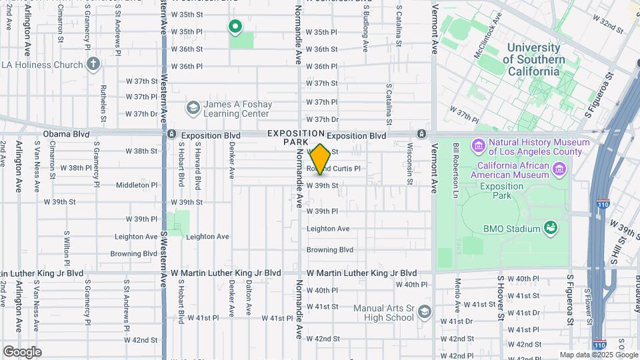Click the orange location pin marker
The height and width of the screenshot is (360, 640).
pyautogui.click(x=321, y=159)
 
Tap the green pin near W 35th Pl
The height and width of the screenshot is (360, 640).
pyautogui.click(x=235, y=27)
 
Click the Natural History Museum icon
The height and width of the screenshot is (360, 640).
pyautogui.click(x=478, y=146)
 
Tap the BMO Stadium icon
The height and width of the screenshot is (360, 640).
pyautogui.click(x=551, y=229)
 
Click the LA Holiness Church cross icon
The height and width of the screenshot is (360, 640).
pyautogui.click(x=93, y=65)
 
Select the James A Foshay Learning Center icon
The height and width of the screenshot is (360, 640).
pyautogui.click(x=193, y=108)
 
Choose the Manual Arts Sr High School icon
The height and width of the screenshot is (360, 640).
pyautogui.click(x=425, y=312)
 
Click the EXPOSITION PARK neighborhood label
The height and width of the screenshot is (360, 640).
pyautogui.click(x=296, y=138)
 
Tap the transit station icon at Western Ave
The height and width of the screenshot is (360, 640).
pyautogui.click(x=171, y=135)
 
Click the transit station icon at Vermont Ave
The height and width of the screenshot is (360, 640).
pyautogui.click(x=421, y=135)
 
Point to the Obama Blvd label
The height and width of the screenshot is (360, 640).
pyautogui.click(x=66, y=134)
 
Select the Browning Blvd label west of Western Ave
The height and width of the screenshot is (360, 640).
pyautogui.click(x=133, y=254)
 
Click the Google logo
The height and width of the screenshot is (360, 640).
pyautogui.click(x=22, y=351)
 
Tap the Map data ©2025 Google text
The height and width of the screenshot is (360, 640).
pyautogui.click(x=598, y=355)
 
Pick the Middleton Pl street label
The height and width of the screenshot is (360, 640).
pyautogui.click(x=136, y=185)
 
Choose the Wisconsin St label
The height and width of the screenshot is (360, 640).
pyautogui.click(x=409, y=164)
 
